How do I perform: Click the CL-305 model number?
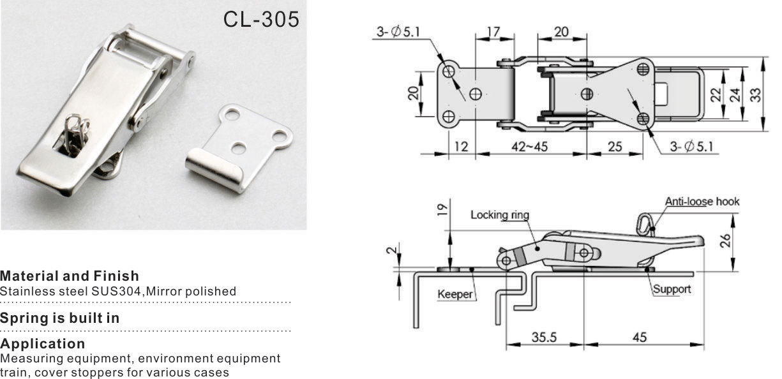coord(261,19)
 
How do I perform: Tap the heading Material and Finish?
coord(69,276)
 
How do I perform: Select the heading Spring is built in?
coord(59,318)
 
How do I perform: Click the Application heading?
coord(43,345)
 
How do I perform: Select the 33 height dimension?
coord(755,94)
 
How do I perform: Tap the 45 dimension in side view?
coord(640,337)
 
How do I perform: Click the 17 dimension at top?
coord(493,31)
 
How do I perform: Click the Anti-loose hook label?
coord(702,202)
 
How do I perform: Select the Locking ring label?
coord(500,215)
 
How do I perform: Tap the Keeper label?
coord(455,294)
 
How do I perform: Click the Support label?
coord(672,289)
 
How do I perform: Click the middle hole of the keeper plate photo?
coord(239,147)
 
